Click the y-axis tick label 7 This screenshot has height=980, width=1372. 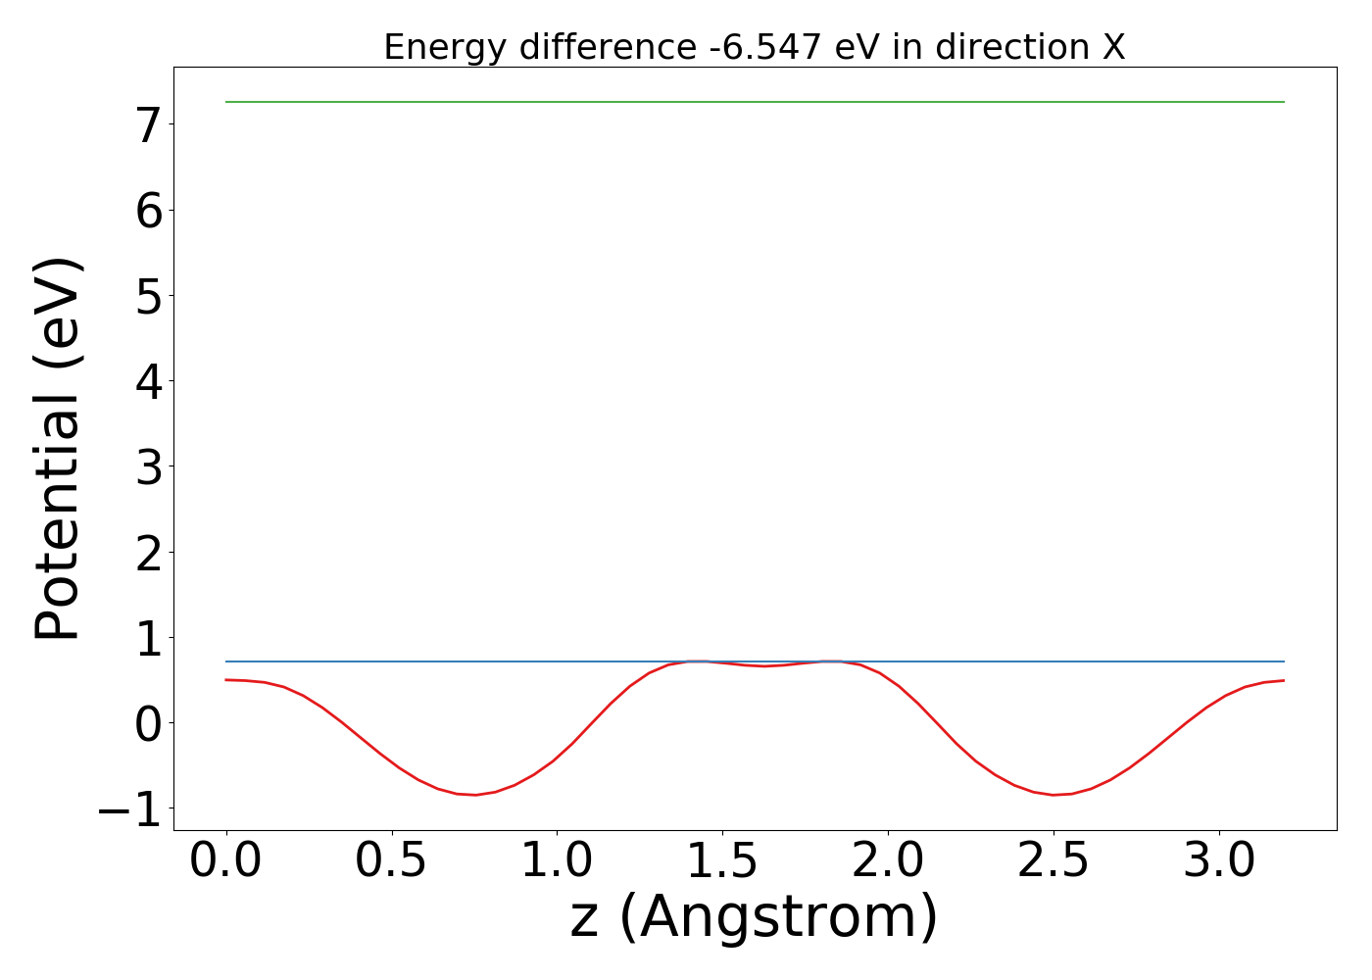point(148,125)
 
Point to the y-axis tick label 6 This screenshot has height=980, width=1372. point(148,211)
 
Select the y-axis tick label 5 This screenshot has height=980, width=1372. point(148,296)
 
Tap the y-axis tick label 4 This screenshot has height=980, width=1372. point(148,381)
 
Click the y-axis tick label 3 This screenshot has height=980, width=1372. point(148,467)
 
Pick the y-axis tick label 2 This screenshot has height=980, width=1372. point(148,553)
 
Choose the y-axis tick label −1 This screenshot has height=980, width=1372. point(129,809)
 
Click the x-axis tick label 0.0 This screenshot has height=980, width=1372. point(226,861)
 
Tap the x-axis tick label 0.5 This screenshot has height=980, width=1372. point(391,861)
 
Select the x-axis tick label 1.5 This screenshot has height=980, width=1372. point(722,861)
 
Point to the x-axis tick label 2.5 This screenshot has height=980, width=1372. point(1053,861)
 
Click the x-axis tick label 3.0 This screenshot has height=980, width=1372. point(1219,861)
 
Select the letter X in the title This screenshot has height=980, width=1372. point(1113,47)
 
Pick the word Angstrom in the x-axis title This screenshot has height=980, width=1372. point(778,917)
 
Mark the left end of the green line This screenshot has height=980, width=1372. point(226,102)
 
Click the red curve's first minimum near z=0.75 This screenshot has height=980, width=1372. point(475,795)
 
